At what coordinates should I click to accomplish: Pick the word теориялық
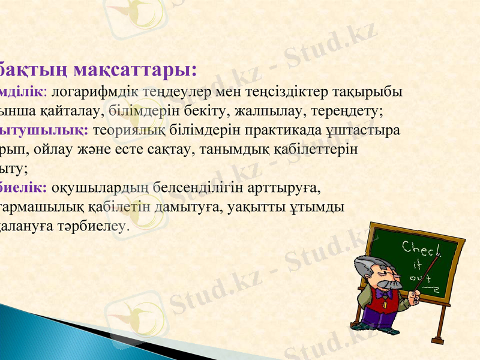point(125,130)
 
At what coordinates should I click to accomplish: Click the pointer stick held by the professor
point(425,276)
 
